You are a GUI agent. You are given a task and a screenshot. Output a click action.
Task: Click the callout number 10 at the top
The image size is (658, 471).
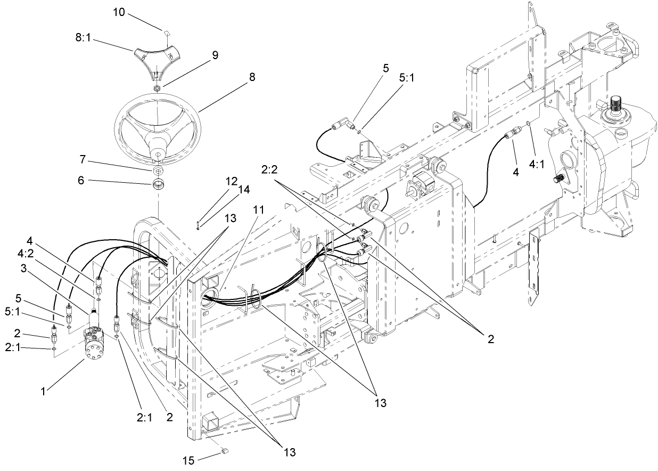pos(119,12)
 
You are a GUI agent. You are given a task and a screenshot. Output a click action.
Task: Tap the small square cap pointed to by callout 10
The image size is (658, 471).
pos(166,33)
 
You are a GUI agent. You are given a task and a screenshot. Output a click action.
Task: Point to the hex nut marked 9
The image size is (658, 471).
pos(158,87)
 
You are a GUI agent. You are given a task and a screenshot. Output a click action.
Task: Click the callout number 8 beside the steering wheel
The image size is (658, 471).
pos(251,77)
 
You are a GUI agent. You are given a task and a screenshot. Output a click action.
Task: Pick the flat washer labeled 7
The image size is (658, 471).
pos(158,171)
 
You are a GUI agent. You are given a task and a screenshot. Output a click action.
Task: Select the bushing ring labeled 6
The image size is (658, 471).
pos(158,185)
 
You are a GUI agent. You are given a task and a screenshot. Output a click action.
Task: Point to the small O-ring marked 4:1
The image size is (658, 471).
pos(528,124)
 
